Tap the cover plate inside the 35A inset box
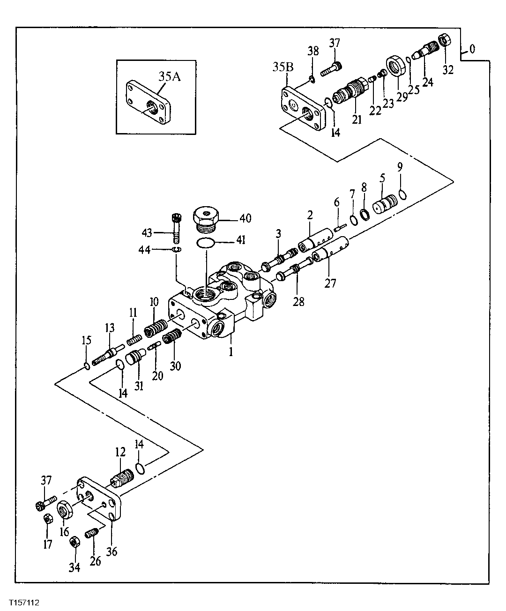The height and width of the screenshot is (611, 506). pos(148,109)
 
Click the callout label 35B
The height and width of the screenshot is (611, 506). pos(283,67)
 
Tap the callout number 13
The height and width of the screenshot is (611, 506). pos(110,328)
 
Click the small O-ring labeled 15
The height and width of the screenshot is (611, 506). pos(87,365)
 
